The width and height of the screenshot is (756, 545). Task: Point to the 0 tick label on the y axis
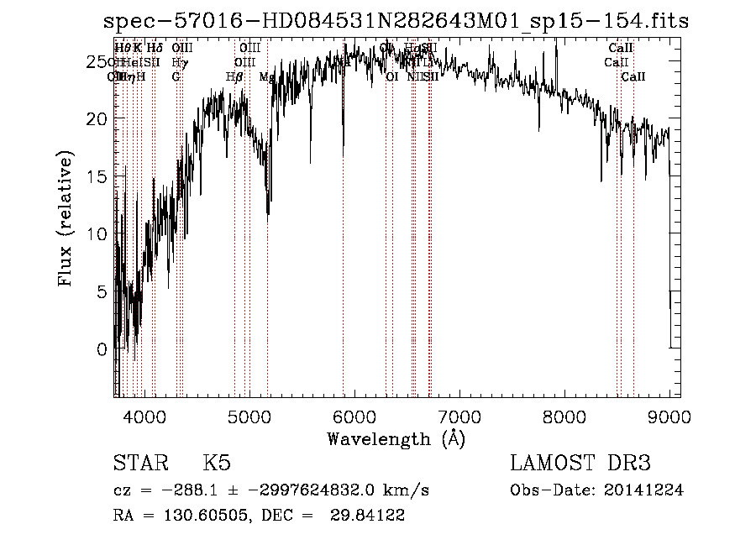click(x=103, y=348)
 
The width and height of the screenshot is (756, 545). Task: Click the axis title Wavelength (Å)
click(x=396, y=438)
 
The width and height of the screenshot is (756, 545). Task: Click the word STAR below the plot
click(x=138, y=464)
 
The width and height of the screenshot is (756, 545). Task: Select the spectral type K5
click(x=217, y=464)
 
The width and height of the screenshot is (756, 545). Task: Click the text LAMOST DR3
click(x=580, y=464)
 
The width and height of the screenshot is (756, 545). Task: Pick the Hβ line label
click(x=234, y=77)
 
